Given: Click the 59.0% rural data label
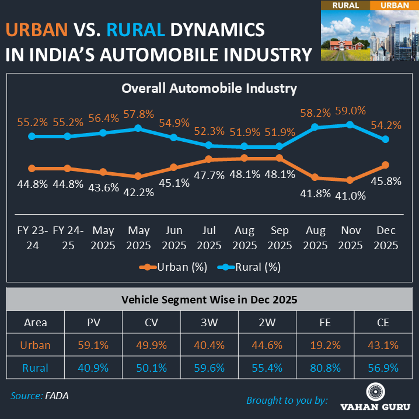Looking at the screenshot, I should (350, 110).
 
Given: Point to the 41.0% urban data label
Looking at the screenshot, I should (350, 196).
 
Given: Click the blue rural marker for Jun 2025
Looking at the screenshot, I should (174, 137).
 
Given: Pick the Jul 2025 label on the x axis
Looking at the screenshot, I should (209, 238).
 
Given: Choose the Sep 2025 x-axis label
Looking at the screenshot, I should (280, 238).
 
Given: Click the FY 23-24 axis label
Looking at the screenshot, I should (33, 238).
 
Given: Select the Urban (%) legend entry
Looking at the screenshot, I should (174, 267).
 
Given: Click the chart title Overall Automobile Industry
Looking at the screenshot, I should (209, 89).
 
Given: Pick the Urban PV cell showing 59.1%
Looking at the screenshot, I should (93, 345).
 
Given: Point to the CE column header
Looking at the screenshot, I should (385, 322).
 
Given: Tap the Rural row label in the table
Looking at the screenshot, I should (36, 368).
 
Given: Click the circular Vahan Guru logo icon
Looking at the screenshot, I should (375, 392).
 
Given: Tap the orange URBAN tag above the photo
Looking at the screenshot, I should (394, 6).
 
